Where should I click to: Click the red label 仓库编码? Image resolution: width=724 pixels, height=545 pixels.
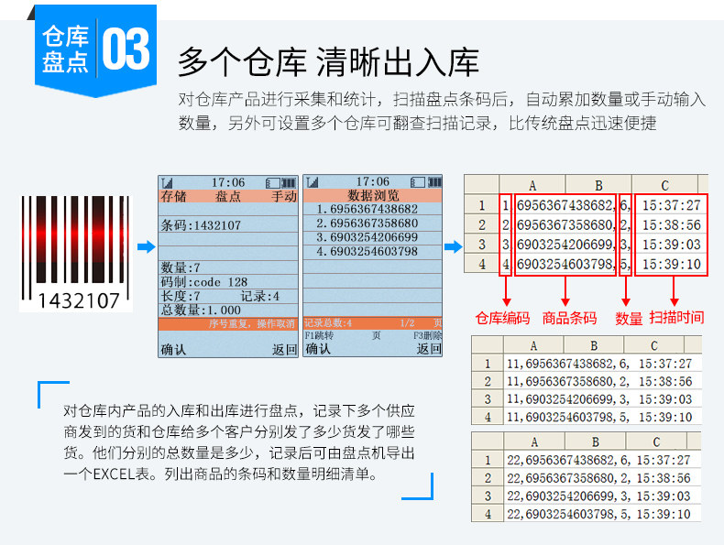click(x=502, y=318)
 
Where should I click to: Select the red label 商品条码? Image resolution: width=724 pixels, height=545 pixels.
click(x=569, y=318)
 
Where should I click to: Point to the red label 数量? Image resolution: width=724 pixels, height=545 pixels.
click(x=629, y=318)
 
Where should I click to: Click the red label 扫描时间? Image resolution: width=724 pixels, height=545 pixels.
click(x=676, y=317)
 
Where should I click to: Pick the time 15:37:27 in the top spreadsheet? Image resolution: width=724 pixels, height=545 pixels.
click(x=672, y=206)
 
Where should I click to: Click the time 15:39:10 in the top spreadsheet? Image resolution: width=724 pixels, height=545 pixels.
click(x=672, y=265)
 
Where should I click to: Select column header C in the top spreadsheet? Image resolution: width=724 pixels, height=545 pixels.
click(x=664, y=185)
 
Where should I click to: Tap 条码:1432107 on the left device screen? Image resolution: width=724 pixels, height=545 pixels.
click(x=201, y=224)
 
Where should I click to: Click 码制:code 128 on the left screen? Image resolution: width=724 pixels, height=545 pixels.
click(x=204, y=282)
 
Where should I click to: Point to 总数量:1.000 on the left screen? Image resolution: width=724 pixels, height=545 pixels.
click(x=201, y=311)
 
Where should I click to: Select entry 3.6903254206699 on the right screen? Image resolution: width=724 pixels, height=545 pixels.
click(x=367, y=237)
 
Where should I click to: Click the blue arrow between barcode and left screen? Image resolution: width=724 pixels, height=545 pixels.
click(x=144, y=246)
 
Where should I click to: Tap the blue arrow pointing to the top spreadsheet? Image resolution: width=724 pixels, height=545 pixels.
click(x=453, y=246)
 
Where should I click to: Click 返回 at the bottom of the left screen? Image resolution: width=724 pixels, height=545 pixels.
click(x=284, y=349)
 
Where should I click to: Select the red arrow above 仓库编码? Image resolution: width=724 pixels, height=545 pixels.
click(x=504, y=291)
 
